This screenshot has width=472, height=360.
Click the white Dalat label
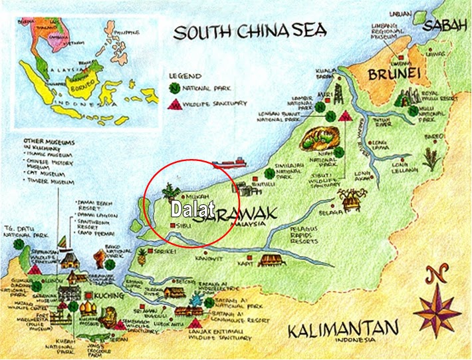(193, 210)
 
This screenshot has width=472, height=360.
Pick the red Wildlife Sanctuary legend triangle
(174, 104)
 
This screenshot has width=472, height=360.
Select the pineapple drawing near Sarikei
(142, 256)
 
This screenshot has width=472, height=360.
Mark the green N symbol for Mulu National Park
(413, 110)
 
